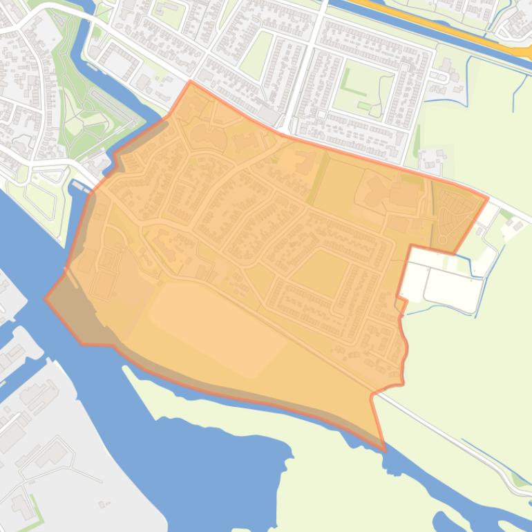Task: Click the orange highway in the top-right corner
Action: click(x=442, y=28)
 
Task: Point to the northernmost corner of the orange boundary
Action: click(x=191, y=82)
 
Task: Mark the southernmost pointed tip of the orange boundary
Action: click(x=384, y=450)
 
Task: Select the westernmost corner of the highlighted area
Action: click(x=46, y=299)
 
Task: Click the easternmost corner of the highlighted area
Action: click(x=487, y=198)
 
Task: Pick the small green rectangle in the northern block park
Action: click(x=363, y=106)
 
